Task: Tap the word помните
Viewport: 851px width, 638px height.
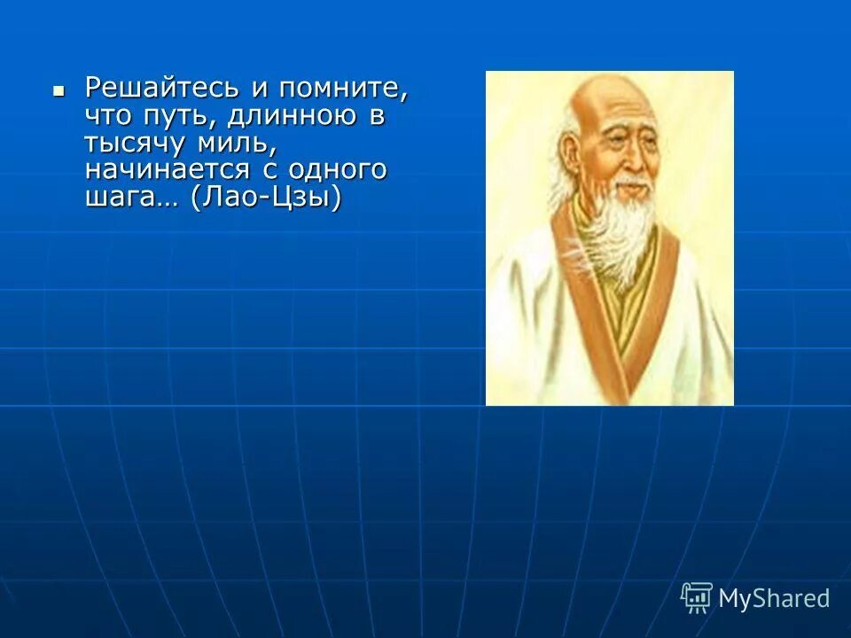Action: [x=344, y=89]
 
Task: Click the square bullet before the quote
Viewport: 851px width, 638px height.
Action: [x=59, y=90]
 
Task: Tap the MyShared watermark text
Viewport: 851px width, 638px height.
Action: [x=774, y=598]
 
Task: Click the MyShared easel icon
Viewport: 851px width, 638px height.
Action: [x=697, y=597]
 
